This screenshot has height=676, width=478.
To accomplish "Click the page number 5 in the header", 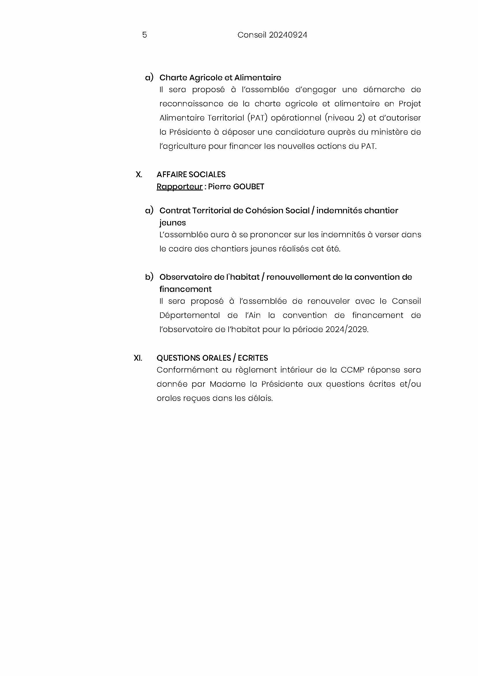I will pos(144,35).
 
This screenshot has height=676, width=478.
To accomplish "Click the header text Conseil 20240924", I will pos(272,35).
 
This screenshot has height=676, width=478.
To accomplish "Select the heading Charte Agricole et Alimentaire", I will pos(220,78).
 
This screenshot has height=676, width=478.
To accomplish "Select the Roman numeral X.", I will pos(139,175).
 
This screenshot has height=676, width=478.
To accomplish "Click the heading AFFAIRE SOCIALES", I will pos(191,175).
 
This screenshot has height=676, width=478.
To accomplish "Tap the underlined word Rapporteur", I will pos(179,187).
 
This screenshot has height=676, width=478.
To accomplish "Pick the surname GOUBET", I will pos(249,187).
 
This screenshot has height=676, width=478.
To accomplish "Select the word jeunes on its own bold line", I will pos(173,223).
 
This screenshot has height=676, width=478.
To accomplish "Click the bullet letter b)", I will pos(149,277).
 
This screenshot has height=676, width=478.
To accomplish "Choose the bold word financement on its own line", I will pos(186,289).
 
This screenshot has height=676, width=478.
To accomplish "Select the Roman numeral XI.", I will pos(138,358).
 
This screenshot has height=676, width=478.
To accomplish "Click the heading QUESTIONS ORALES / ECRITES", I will pos(212,358).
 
